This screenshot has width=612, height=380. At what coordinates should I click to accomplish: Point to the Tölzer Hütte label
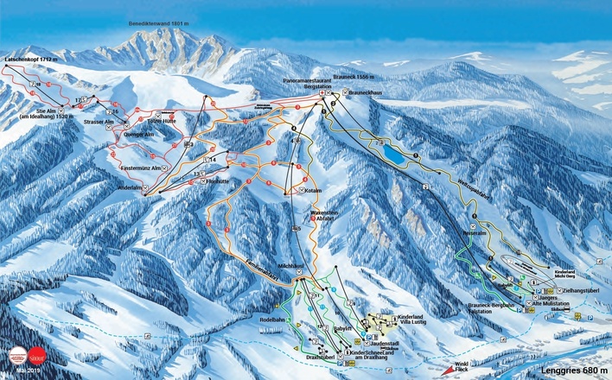[x=175, y=122]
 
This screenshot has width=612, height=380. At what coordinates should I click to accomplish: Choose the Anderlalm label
[x=128, y=187]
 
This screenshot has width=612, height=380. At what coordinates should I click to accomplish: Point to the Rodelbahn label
[x=273, y=320]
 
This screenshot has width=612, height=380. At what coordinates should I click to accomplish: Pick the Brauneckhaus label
[x=366, y=92]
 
